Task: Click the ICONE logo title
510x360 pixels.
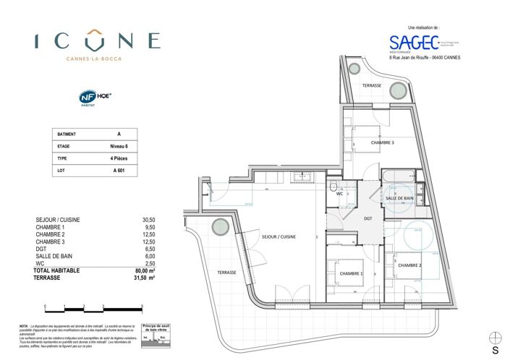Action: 97,40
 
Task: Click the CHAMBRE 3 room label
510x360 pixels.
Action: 383,142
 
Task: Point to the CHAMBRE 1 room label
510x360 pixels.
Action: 352,273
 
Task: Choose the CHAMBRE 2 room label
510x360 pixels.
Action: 410,265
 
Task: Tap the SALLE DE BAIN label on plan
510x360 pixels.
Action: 399,198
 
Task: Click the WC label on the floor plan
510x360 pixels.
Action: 339,194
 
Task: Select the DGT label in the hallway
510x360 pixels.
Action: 368,218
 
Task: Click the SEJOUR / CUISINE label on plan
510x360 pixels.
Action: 279,236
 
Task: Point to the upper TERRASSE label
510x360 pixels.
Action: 373,85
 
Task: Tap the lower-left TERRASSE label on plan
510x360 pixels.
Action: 226,272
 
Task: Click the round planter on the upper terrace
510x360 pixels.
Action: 397,90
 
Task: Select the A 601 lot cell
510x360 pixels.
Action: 119,171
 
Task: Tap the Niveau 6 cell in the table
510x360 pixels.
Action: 119,146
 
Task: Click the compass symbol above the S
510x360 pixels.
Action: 495,338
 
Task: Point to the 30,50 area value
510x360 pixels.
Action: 148,219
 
